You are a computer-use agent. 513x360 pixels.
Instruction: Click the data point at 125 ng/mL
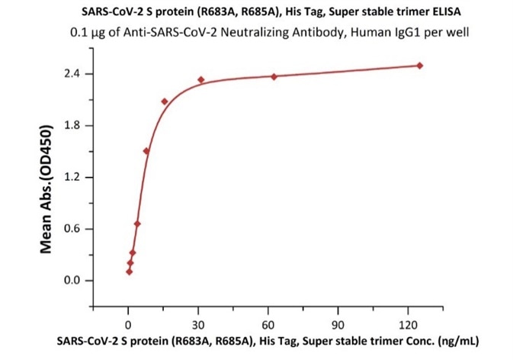click(x=420, y=66)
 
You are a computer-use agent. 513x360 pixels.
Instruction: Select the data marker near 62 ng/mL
click(x=274, y=76)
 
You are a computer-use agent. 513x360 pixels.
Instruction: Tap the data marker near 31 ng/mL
click(x=201, y=80)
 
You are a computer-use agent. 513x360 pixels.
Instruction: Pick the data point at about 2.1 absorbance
click(x=165, y=101)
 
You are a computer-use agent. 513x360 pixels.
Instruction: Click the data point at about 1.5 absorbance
click(x=146, y=151)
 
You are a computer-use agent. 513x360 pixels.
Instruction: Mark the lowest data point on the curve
click(x=130, y=272)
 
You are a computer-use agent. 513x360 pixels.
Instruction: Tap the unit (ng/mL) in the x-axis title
click(x=456, y=340)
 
